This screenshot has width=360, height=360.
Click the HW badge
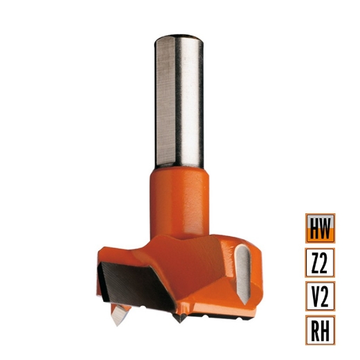(x=320, y=227)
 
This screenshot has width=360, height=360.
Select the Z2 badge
(x=320, y=264)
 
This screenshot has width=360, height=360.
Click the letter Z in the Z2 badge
(x=314, y=264)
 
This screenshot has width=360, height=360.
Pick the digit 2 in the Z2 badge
(x=326, y=264)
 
